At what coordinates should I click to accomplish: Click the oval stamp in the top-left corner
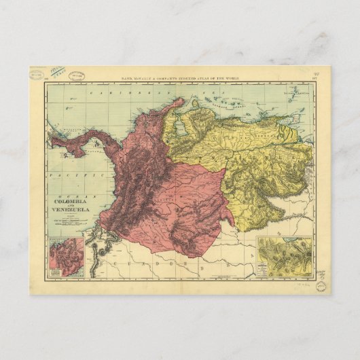(40, 74)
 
